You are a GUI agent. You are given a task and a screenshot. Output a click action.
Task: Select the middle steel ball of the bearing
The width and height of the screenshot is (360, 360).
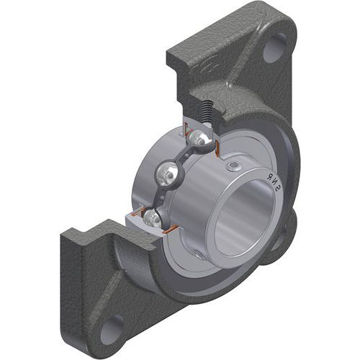pos(168,174)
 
